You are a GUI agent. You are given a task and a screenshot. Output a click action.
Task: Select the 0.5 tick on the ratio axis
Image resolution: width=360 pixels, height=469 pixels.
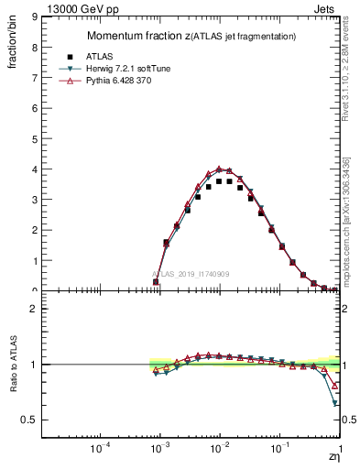pos(43,420)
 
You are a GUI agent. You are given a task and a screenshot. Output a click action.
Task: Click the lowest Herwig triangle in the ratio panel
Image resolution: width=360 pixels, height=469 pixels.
pos(335,403)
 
